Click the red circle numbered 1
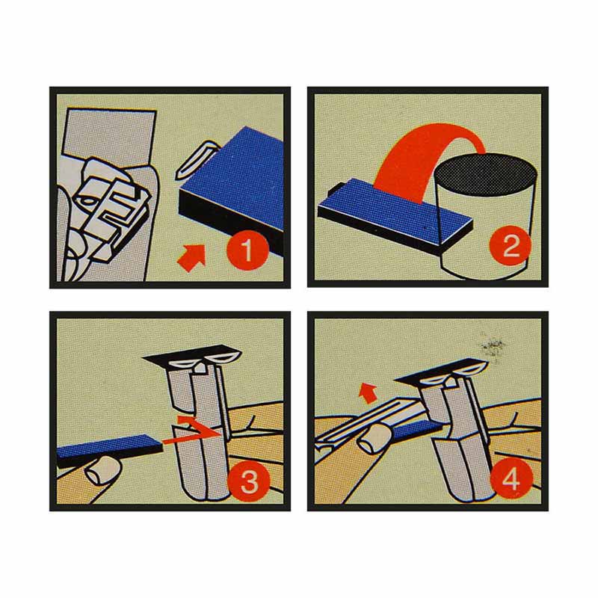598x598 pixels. [x=248, y=250]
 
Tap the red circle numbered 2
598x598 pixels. [x=511, y=245]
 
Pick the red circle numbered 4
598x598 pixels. [x=511, y=478]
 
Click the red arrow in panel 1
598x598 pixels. [x=192, y=257]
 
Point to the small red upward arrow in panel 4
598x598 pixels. [x=368, y=393]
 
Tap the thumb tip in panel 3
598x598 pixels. [x=103, y=472]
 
